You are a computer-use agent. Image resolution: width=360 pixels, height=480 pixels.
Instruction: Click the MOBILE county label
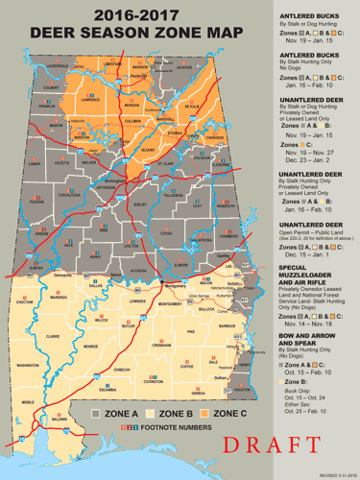(28, 402)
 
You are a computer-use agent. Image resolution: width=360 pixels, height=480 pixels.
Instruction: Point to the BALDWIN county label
(60, 420)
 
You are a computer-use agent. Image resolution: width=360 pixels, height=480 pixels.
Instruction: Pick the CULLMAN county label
(132, 122)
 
